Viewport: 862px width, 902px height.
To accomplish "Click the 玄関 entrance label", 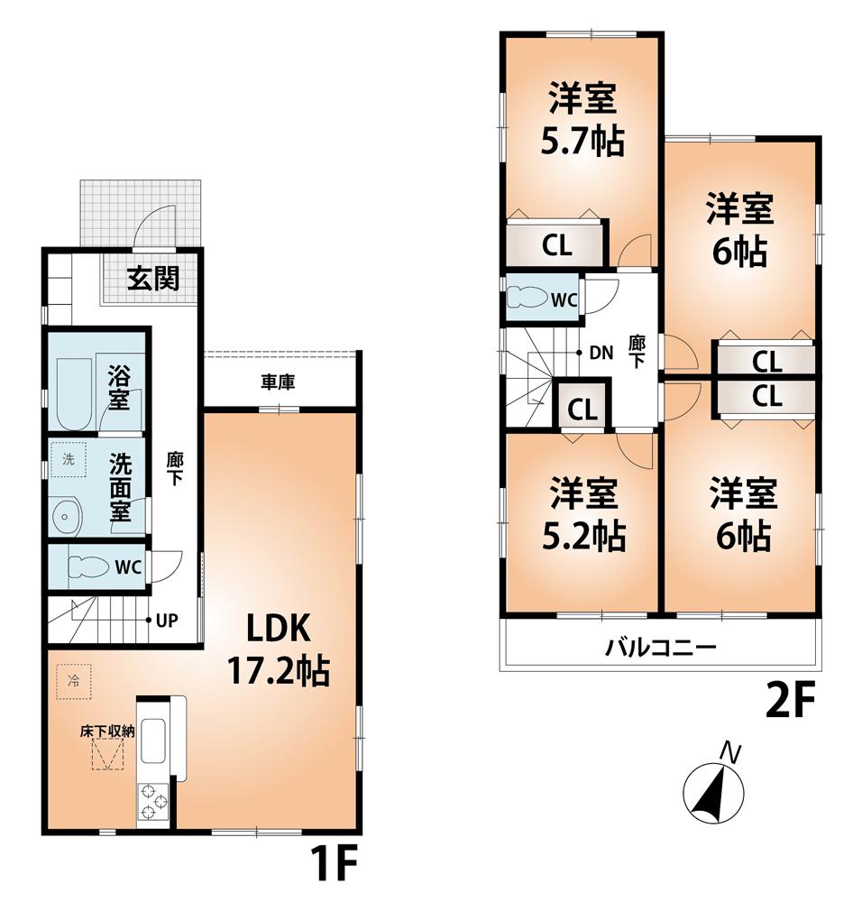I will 151,279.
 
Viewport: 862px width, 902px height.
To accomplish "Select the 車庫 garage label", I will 279,382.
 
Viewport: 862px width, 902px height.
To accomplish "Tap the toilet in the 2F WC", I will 524,299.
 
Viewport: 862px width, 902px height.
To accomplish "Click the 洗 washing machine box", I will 69,459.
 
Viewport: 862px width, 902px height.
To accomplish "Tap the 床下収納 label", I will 105,732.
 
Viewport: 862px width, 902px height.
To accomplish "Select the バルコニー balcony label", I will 660,647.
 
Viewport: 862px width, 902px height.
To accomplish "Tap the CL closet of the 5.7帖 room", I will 556,245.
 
